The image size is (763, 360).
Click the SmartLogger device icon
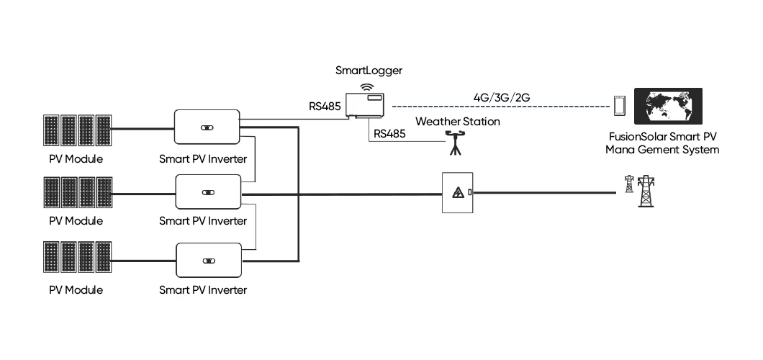click(x=365, y=105)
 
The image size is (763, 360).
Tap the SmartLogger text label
click(x=369, y=71)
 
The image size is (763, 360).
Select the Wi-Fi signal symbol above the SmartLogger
click(x=367, y=87)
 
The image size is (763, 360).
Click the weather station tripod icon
click(x=455, y=142)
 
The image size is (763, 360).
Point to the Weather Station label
click(x=457, y=121)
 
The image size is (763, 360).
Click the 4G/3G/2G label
click(x=502, y=97)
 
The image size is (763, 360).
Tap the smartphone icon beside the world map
click(x=620, y=106)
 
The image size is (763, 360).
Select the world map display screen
click(x=668, y=106)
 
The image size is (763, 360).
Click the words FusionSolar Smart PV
click(x=662, y=137)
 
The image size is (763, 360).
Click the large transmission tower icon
click(x=646, y=192)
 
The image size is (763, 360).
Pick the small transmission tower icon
click(x=629, y=184)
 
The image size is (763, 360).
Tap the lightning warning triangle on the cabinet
click(x=457, y=193)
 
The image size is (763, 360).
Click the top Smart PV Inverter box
click(x=207, y=127)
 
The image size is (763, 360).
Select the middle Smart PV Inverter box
click(x=208, y=192)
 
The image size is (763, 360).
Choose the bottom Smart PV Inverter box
click(x=208, y=260)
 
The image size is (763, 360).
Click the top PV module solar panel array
click(x=78, y=130)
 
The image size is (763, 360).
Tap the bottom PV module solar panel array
click(x=78, y=257)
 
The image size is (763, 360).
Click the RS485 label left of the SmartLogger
click(x=325, y=106)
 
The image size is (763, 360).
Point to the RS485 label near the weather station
click(x=389, y=134)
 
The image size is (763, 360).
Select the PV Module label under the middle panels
click(x=76, y=221)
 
